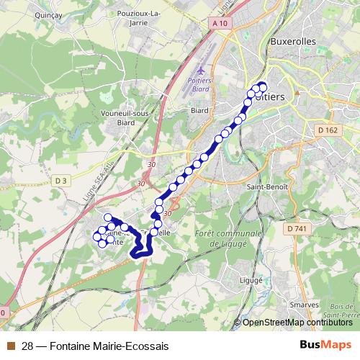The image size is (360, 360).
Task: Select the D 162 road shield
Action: [x=326, y=130]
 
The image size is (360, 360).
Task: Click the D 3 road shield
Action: [x=60, y=180]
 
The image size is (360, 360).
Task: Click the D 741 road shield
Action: [x=296, y=228]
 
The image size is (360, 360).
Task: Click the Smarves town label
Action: [x=303, y=305]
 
